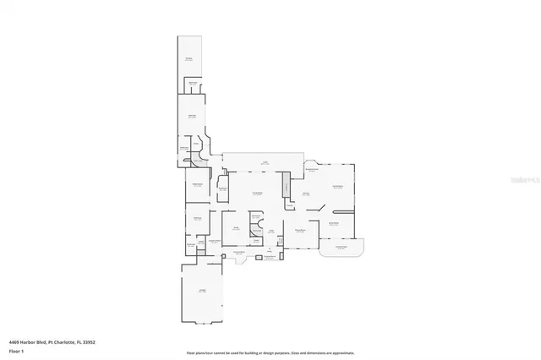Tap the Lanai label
[264, 162]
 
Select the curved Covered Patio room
[342, 248]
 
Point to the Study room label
[238, 228]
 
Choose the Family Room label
[336, 188]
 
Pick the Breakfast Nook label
[311, 171]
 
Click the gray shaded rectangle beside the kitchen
[286, 185]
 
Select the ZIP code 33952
[87, 341]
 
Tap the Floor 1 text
[15, 350]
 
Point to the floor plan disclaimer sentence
[270, 352]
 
